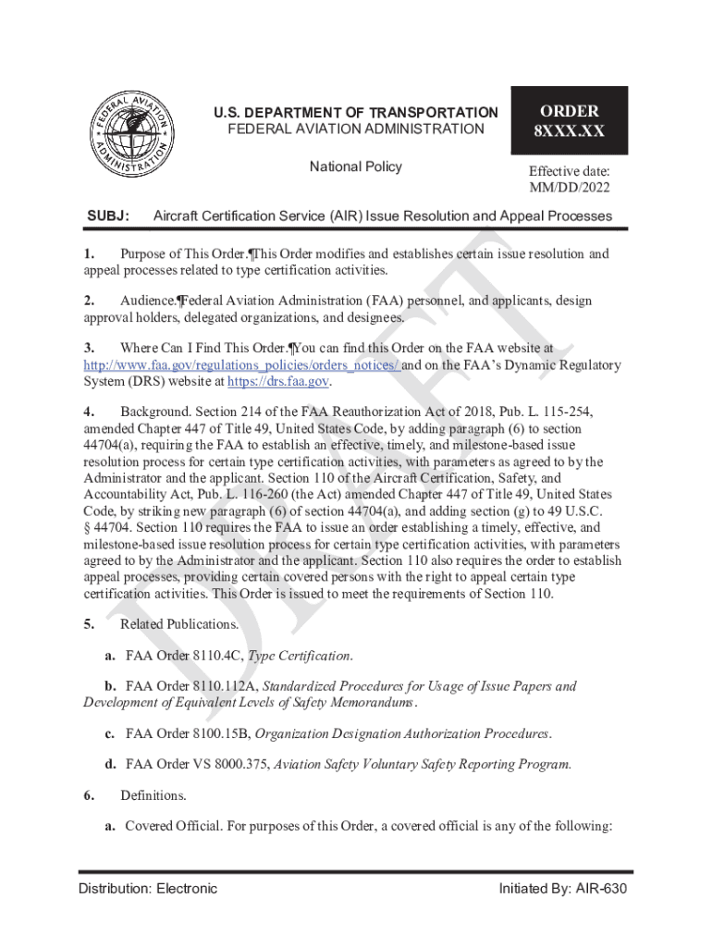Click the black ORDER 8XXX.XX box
(569, 120)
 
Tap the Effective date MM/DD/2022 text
(569, 179)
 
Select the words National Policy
(355, 166)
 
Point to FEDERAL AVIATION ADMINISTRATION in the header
(355, 129)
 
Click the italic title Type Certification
(301, 656)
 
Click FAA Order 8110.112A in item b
(191, 686)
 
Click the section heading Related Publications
(179, 624)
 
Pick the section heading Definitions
(153, 795)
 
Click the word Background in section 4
(154, 412)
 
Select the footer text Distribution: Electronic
(148, 889)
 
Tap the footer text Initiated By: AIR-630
(565, 889)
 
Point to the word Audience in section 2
(148, 301)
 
